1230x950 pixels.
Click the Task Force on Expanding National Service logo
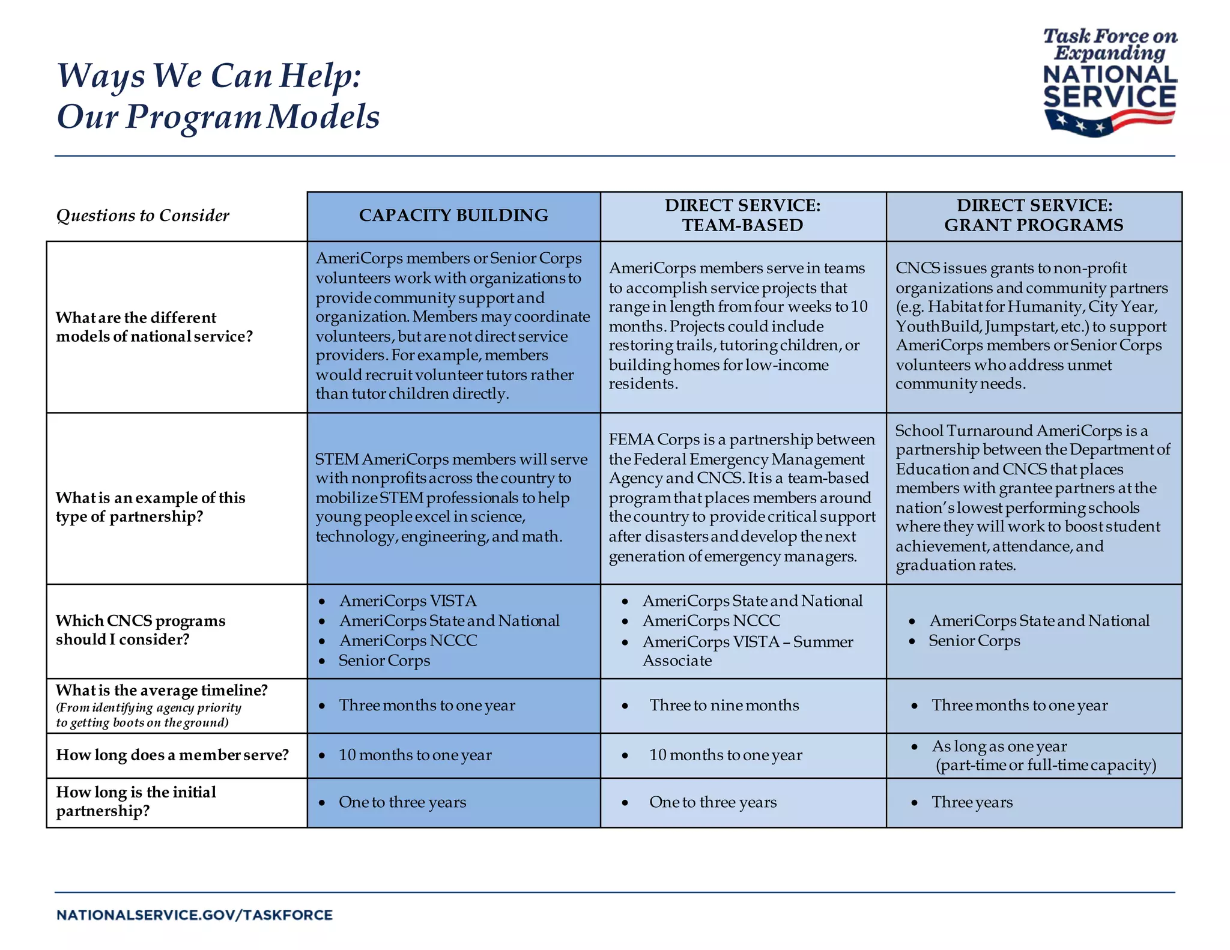pyautogui.click(x=1109, y=82)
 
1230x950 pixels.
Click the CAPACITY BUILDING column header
pyautogui.click(x=453, y=216)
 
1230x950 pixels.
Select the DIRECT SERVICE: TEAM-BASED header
pyautogui.click(x=742, y=216)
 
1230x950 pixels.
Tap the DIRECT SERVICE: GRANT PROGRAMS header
pyautogui.click(x=1034, y=216)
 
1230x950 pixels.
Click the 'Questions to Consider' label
pyautogui.click(x=143, y=216)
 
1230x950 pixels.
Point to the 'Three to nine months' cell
pyautogui.click(x=724, y=706)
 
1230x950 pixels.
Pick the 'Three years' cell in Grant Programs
pyautogui.click(x=972, y=802)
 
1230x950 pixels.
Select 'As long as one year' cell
pyautogui.click(x=999, y=746)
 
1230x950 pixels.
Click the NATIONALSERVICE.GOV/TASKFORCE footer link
pyautogui.click(x=195, y=915)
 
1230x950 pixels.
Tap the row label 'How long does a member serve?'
pyautogui.click(x=172, y=755)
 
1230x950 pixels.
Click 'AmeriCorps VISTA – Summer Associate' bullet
pyautogui.click(x=747, y=651)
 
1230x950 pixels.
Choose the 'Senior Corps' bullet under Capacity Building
pyautogui.click(x=384, y=661)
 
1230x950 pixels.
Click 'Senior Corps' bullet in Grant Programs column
pyautogui.click(x=974, y=641)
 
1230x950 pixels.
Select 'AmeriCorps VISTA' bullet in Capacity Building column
pyautogui.click(x=408, y=601)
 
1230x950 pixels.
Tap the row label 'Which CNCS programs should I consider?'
pyautogui.click(x=141, y=630)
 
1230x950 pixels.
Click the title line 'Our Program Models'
pyautogui.click(x=218, y=116)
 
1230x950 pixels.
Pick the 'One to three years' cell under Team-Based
pyautogui.click(x=713, y=802)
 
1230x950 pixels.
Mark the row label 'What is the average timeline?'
pyautogui.click(x=162, y=691)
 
